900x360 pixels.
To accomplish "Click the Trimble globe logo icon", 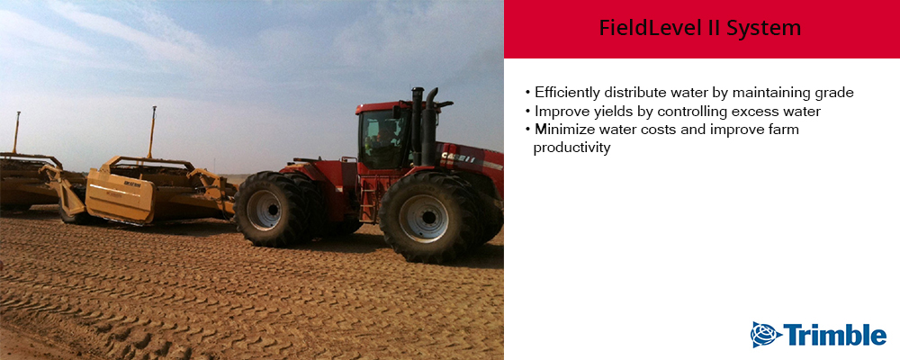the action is (x=766, y=335).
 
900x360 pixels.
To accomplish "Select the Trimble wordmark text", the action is (x=835, y=335).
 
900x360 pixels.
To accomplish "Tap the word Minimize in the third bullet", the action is (x=560, y=130).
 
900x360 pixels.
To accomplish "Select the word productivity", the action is (x=571, y=148).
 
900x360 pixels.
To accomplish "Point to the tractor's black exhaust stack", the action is (x=428, y=127).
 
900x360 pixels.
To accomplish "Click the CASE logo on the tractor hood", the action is (x=458, y=157).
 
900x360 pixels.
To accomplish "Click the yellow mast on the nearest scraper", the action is (x=153, y=132).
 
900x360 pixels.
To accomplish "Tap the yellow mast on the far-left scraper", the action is (x=16, y=132).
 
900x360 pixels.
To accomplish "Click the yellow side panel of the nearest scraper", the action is (x=120, y=198).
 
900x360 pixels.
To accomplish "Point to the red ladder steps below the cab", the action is (x=367, y=198).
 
